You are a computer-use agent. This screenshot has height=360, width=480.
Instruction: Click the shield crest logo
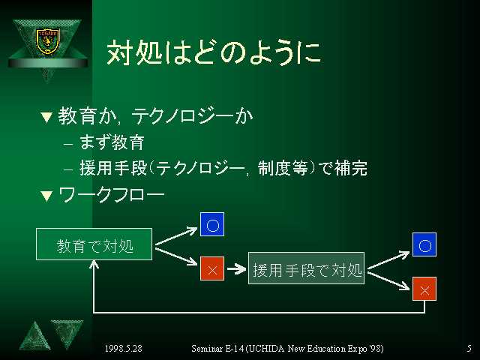click(x=48, y=41)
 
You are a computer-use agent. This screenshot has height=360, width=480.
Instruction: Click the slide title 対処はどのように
click(x=214, y=52)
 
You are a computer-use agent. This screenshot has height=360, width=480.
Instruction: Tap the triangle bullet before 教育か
click(x=46, y=118)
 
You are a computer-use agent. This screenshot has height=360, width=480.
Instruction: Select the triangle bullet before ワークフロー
click(x=46, y=196)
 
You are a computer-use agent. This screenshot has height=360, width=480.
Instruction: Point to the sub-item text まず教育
click(x=112, y=142)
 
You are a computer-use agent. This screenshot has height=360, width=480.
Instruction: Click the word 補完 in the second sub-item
click(x=351, y=168)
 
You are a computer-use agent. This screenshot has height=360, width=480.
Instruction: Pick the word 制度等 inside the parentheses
click(x=283, y=168)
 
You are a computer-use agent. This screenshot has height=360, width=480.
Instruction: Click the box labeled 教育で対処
click(x=94, y=244)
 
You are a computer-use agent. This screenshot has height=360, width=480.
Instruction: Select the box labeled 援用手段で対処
click(x=306, y=268)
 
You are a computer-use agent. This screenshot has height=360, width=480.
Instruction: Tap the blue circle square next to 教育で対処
click(x=212, y=224)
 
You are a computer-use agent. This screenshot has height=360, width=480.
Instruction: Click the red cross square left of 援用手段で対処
click(x=212, y=268)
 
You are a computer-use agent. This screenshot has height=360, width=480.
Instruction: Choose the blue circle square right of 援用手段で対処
click(x=424, y=244)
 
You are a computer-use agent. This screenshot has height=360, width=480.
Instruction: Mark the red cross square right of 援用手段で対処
click(x=424, y=289)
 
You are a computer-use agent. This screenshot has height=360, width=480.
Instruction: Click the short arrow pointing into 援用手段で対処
click(x=236, y=268)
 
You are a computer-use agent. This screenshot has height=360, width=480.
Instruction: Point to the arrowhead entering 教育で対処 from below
click(x=94, y=264)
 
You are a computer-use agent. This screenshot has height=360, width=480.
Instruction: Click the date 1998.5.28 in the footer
click(x=123, y=348)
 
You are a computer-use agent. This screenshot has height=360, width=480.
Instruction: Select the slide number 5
click(x=469, y=348)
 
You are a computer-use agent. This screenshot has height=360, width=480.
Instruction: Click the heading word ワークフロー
click(x=112, y=196)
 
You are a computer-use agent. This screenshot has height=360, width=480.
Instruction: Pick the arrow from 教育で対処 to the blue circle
click(x=176, y=236)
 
